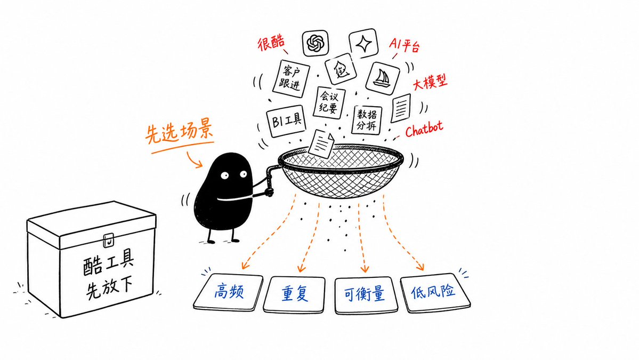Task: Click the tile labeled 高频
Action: [x=228, y=292]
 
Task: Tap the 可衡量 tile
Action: [x=365, y=295]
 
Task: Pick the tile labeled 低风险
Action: [x=434, y=292]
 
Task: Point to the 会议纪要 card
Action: [x=329, y=102]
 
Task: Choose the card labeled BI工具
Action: [x=287, y=121]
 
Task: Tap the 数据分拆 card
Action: [x=367, y=119]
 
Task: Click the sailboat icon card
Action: [x=382, y=78]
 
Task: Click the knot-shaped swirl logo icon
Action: [x=316, y=43]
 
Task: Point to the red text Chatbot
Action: [x=424, y=129]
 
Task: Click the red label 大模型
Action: [x=430, y=82]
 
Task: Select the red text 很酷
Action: [x=271, y=43]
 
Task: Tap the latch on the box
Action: [x=108, y=240]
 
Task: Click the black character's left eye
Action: [x=224, y=175]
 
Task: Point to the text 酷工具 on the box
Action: [x=108, y=262]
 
